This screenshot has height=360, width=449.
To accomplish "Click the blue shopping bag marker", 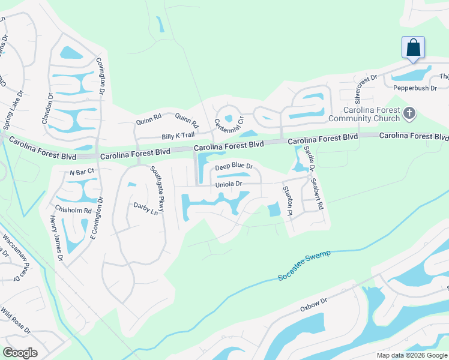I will (x=413, y=47).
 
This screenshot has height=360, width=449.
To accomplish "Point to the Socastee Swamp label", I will (x=304, y=265).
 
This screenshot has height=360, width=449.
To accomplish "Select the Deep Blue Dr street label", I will (x=234, y=166).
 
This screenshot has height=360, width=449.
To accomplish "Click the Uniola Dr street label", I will (x=229, y=184).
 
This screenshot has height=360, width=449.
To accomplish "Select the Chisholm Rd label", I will (x=73, y=211).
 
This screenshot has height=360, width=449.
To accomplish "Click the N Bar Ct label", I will (x=82, y=172).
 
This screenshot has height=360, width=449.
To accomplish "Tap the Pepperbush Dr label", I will (x=414, y=88).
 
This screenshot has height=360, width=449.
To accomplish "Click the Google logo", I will (x=20, y=352).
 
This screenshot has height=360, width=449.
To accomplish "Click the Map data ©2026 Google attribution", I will (x=411, y=355).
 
